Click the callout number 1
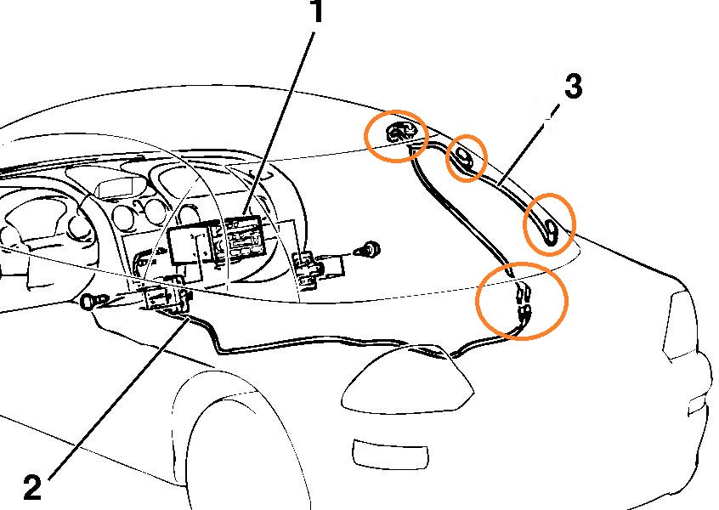(x=316, y=13)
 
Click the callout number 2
(x=31, y=486)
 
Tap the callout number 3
(x=573, y=87)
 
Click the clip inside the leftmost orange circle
(x=397, y=132)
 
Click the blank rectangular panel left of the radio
(x=190, y=246)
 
